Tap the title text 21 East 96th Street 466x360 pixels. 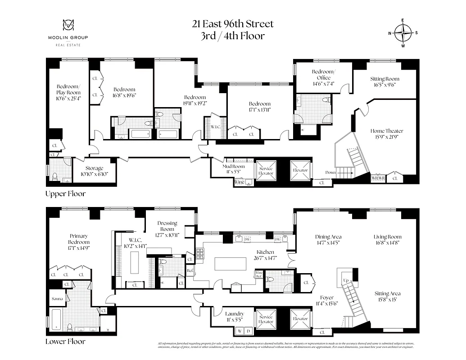[232, 24]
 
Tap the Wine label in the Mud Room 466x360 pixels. [239, 182]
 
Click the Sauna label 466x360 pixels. [56, 298]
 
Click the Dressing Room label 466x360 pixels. [167, 226]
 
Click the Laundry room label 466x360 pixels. [234, 316]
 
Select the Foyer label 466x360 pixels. [327, 300]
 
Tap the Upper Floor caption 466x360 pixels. [65, 194]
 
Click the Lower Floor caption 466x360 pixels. [65, 342]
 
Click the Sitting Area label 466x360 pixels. [387, 297]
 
